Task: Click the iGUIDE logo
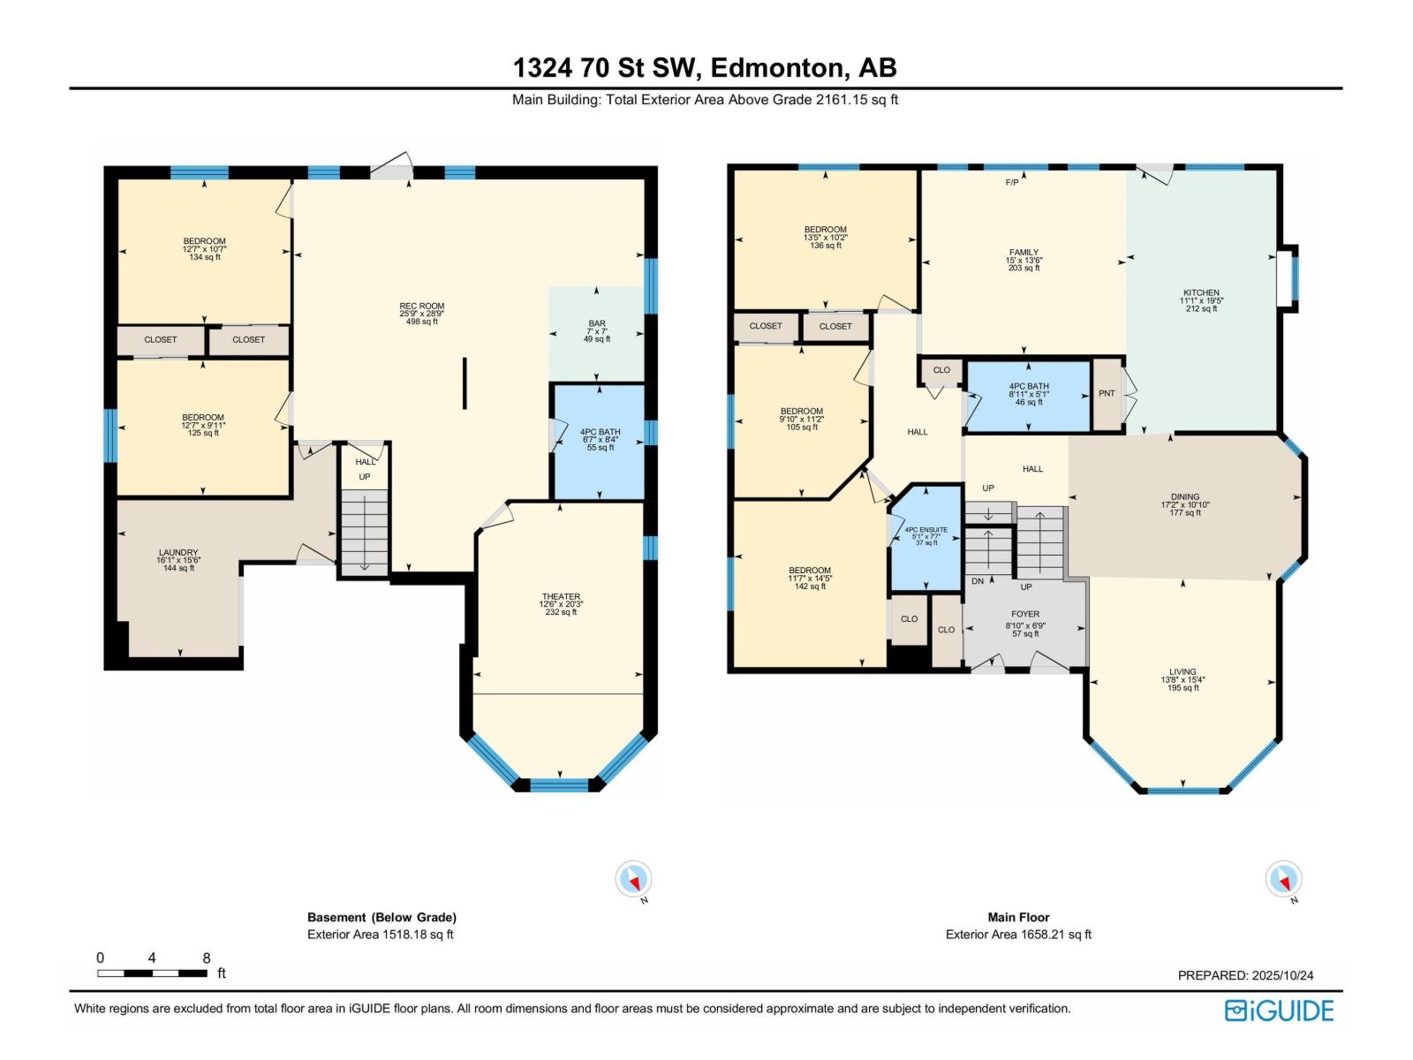(1279, 1010)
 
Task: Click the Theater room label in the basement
(561, 604)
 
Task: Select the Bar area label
(597, 331)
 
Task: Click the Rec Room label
(421, 314)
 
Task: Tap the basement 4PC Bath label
(600, 440)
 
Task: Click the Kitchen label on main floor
(1201, 300)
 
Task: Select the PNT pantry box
(1107, 394)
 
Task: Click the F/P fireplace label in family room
(1012, 183)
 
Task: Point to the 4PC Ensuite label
(926, 536)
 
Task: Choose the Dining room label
(1185, 504)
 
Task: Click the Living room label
(1183, 679)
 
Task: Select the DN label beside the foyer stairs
(978, 581)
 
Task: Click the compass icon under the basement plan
(633, 880)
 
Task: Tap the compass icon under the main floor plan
(1283, 880)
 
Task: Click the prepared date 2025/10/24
(1245, 975)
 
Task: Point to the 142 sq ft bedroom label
(810, 578)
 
